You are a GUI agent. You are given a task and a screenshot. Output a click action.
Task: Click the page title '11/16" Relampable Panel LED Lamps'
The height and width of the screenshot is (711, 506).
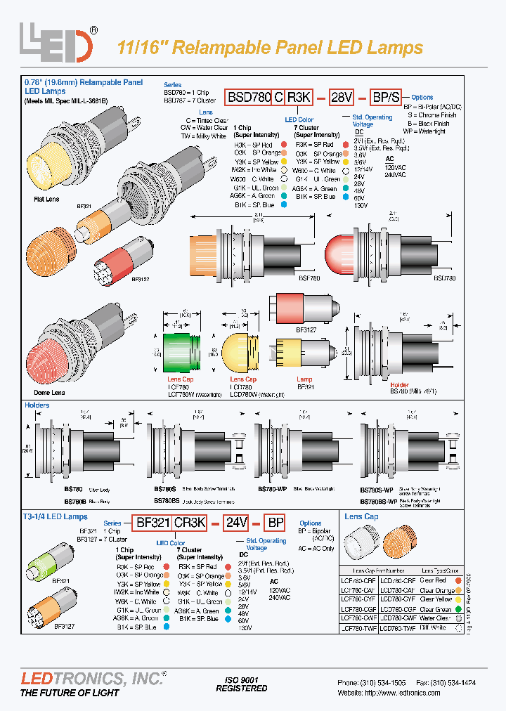(269, 48)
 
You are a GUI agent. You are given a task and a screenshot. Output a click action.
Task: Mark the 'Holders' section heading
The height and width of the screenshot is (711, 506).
(37, 405)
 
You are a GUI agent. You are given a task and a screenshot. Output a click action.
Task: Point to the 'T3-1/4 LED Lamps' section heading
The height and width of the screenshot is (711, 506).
(56, 516)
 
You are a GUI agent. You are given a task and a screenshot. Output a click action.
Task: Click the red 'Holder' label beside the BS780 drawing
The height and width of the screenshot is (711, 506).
(399, 385)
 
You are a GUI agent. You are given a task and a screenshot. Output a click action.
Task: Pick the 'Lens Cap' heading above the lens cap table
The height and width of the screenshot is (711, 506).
(362, 516)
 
